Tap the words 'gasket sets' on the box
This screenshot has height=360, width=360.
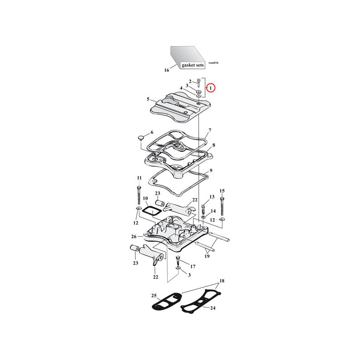(193, 65)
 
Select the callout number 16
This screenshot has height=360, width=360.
(166, 70)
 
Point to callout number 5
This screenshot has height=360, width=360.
(148, 99)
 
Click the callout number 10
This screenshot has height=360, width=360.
(145, 199)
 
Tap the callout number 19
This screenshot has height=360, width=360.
(206, 257)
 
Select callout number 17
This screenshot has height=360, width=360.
(192, 266)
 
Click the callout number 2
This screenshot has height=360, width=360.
(190, 81)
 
